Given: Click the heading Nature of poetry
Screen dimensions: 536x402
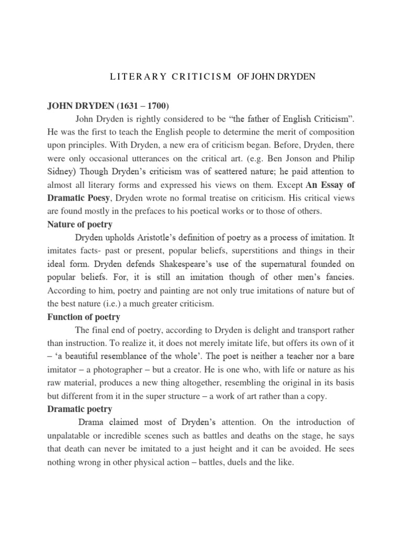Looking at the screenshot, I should [x=80, y=224].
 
